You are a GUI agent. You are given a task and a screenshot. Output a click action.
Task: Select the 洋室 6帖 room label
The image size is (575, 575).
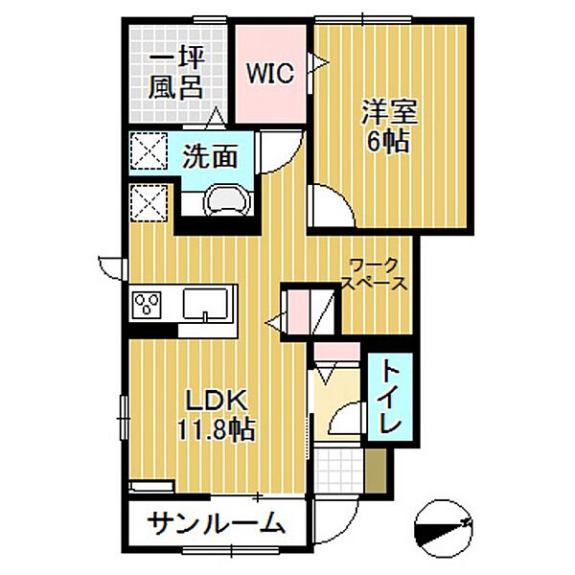(387, 126)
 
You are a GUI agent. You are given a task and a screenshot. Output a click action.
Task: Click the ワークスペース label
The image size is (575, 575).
(375, 274)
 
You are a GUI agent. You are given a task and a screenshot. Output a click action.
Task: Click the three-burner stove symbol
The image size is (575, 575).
(149, 306)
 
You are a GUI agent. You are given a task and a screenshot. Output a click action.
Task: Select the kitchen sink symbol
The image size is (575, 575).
(209, 305)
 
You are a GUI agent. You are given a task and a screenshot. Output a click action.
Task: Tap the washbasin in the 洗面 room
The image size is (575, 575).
(227, 202)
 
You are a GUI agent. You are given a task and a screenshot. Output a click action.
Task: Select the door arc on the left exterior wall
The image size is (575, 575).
(110, 265)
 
